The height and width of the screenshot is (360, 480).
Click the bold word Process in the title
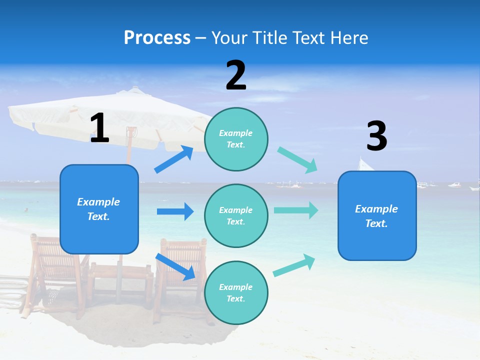pos(157,38)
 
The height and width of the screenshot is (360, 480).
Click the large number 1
pos(99,128)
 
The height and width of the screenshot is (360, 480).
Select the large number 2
pos(236,75)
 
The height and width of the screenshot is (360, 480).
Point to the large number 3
pos(376,136)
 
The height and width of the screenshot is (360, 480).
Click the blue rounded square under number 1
pos(99,209)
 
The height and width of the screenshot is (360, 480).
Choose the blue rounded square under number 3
pos(377,215)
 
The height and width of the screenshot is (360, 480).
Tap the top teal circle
pos(236,139)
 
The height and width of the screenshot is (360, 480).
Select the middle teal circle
pos(236,215)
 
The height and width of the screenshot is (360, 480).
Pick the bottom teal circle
pos(236,292)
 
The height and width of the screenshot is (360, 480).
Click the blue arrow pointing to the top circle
pos(174,159)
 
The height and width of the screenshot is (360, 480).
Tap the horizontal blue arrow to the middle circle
pos(175,211)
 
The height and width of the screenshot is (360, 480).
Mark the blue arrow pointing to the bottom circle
pos(175,266)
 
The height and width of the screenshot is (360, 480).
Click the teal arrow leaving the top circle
pos(297,159)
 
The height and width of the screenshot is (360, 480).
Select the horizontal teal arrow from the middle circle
pos(295,210)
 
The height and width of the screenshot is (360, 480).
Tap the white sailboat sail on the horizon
pos(365,164)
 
